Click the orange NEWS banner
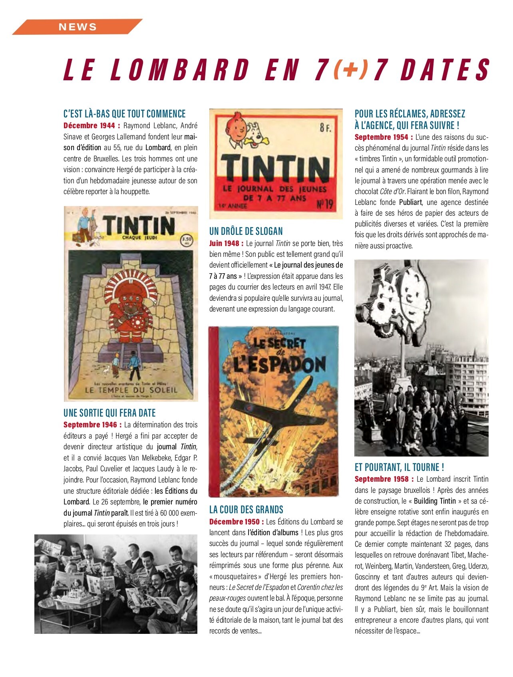pos(78,27)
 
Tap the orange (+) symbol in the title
pos(350,69)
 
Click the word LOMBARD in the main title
pos(180,69)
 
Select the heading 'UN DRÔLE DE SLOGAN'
pos(246,231)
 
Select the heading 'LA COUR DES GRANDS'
pos(246,510)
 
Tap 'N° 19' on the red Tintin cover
pos(324,204)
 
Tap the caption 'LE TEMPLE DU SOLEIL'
pos(131,390)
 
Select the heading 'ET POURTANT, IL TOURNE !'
pos(399,467)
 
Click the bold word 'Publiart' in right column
pos(410,202)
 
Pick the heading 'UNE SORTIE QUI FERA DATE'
pos(109,413)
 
